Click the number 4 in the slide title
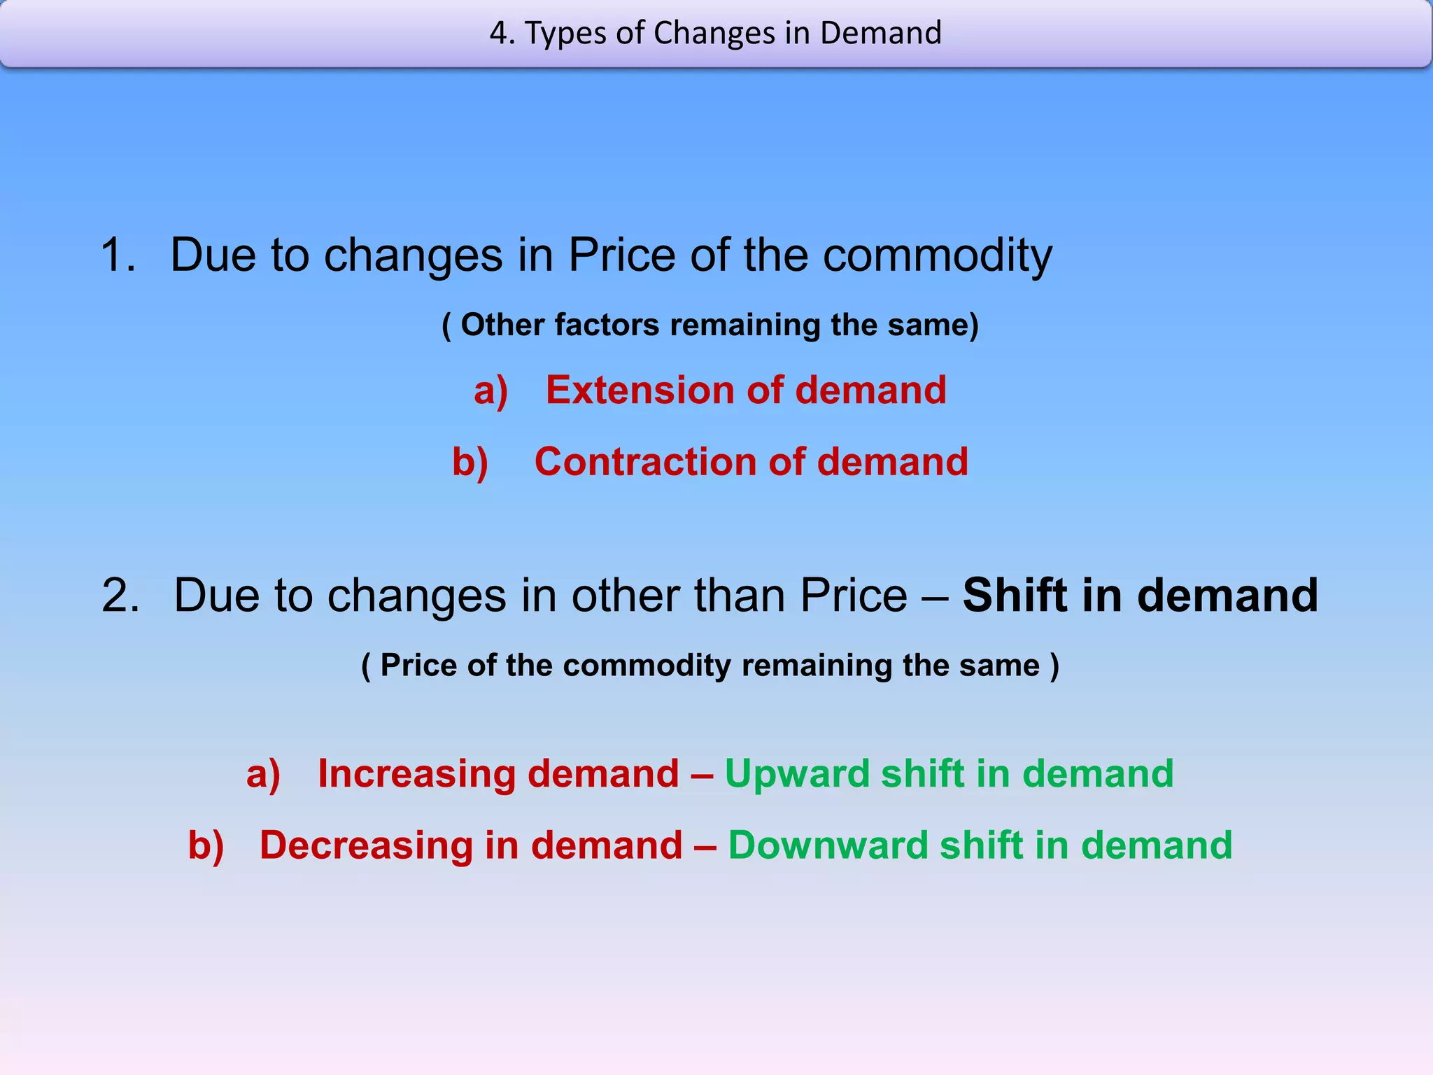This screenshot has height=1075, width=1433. point(497,34)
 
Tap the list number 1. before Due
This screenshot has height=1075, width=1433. point(118,255)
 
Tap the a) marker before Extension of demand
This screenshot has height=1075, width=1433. point(490,391)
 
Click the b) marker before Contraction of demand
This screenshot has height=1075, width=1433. point(470,463)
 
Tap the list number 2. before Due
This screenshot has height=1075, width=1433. point(120,596)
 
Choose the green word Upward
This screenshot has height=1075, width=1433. point(797,774)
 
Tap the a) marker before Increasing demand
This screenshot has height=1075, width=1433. point(263,775)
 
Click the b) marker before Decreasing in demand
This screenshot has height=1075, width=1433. point(206,846)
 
